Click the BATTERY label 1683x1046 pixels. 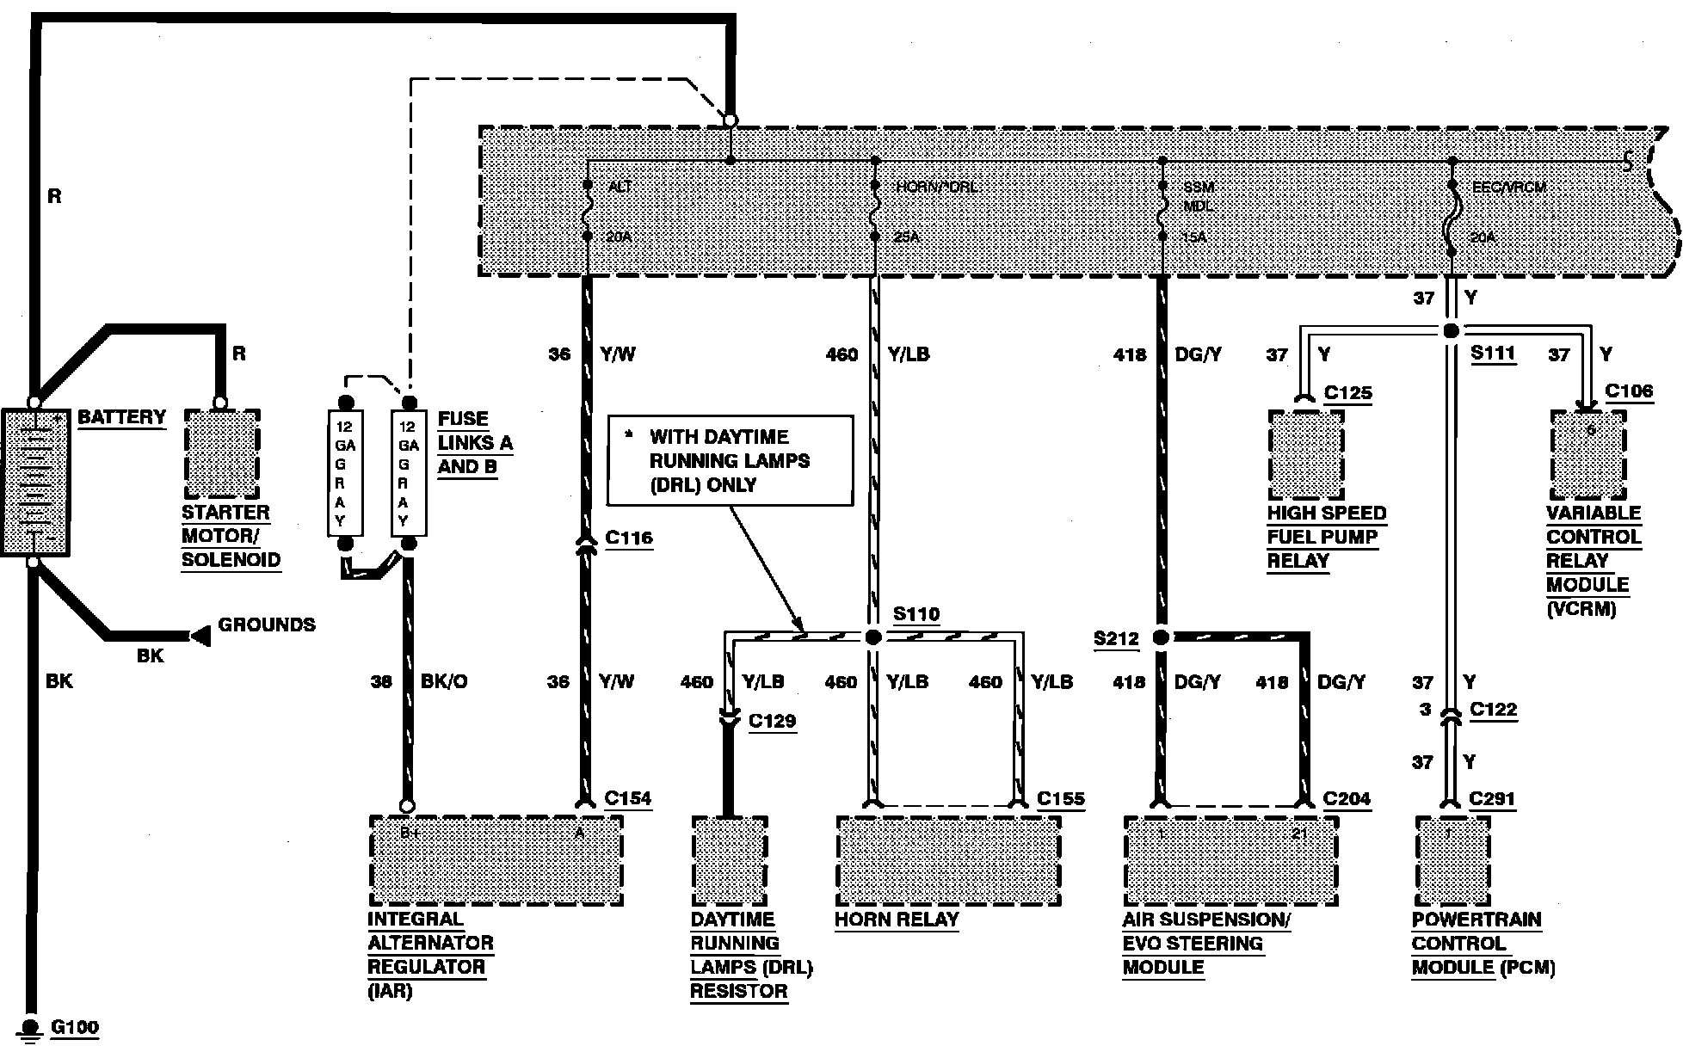121,417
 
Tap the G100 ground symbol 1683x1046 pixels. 32,1028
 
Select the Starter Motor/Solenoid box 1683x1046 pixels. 222,454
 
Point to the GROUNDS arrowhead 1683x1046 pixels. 200,637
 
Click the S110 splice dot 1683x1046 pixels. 873,637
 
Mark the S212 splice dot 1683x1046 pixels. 1161,637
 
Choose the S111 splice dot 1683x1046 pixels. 1451,331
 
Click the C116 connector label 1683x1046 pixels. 629,538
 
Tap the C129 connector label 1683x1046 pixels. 772,721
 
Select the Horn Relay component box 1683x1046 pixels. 948,861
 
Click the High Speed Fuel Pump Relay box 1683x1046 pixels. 1306,455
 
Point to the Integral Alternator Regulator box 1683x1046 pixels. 496,861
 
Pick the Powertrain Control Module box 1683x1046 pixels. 1452,861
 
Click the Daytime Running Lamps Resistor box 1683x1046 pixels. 729,861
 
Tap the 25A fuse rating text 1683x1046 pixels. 907,236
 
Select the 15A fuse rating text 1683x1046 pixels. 1194,237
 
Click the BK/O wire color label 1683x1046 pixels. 444,681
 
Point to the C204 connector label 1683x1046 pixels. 1347,798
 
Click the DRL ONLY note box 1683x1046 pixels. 730,461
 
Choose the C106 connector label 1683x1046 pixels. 1629,392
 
